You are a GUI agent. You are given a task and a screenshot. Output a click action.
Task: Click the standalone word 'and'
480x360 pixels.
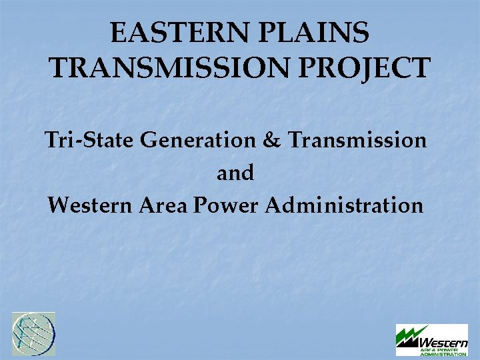[x=235, y=173]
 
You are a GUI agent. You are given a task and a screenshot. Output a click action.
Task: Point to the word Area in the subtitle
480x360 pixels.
[x=163, y=205]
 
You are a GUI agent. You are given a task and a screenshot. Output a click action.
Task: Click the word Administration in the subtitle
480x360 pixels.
[x=344, y=205]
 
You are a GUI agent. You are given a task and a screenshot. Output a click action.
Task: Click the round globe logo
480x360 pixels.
[x=34, y=334]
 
